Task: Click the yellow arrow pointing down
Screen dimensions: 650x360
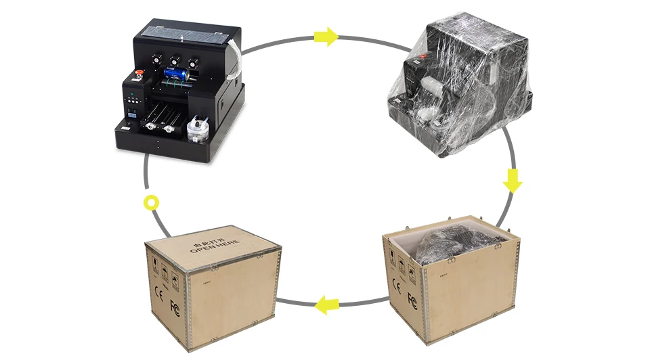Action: coord(513,181)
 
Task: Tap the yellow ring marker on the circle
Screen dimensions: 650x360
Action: coord(152,202)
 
